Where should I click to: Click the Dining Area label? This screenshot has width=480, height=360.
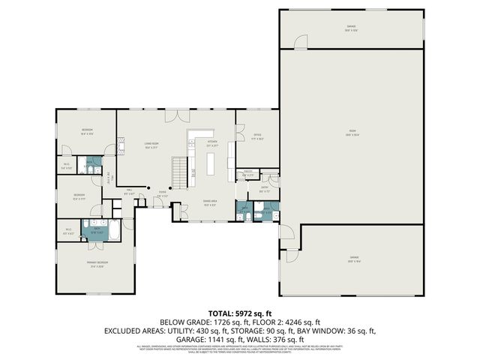(211, 202)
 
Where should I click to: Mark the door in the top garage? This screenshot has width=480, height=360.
(301, 42)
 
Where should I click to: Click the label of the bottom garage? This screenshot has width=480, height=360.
(353, 259)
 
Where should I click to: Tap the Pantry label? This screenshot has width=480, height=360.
(248, 174)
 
